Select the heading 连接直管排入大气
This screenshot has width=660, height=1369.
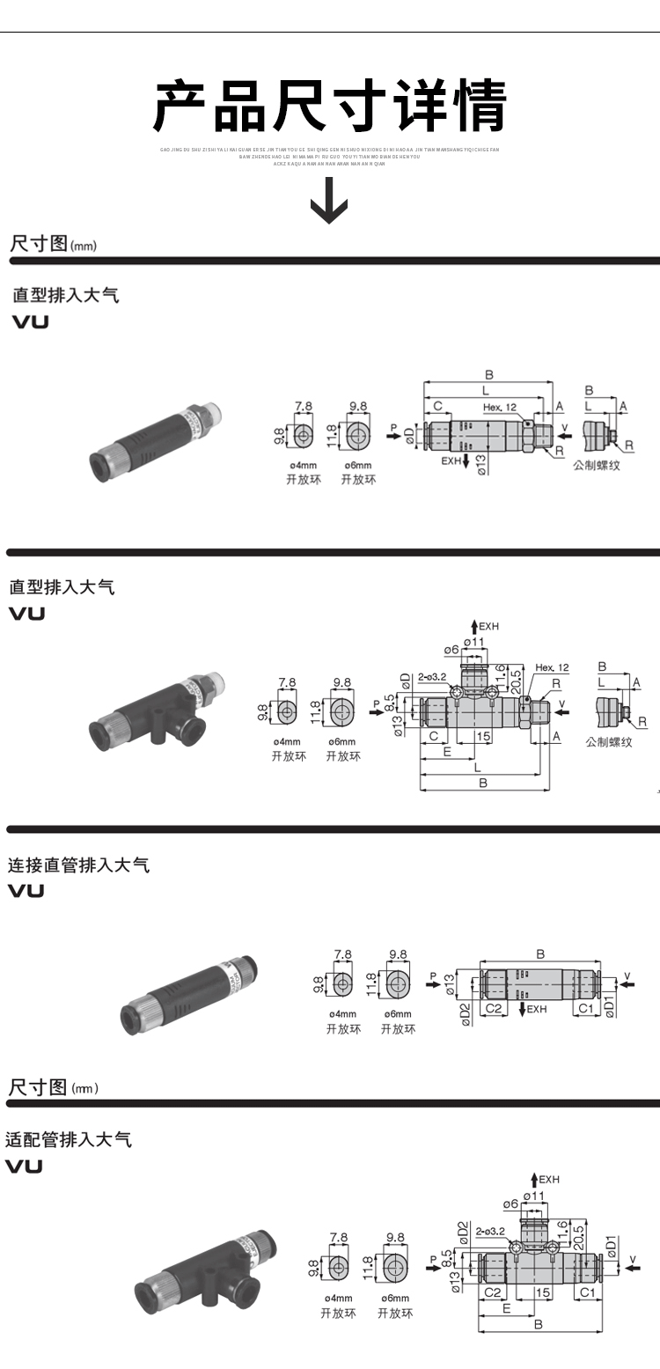pos(79,865)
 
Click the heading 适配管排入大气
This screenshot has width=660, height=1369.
pos(69,1139)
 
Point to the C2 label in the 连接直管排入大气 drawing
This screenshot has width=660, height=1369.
pos(494,1008)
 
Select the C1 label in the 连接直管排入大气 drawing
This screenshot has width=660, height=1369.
pos(585,1008)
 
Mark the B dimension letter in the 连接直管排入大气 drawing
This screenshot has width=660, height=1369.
pos(540,953)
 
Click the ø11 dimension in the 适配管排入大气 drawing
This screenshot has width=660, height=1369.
pos(534,1195)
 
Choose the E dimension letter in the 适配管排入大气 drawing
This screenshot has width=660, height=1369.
pos(507,1308)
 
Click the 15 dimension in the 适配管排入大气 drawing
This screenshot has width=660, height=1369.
pos(543,1292)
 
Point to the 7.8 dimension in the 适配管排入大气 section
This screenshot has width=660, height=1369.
pos(338,1237)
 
